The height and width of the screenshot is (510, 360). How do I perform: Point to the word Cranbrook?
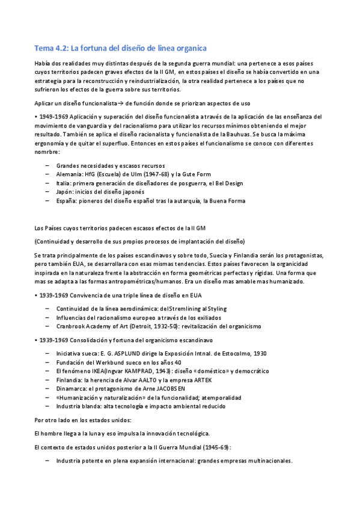coord(70,326)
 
